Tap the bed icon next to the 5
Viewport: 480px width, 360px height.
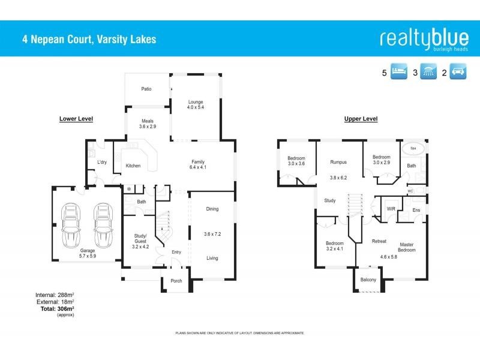point(399,73)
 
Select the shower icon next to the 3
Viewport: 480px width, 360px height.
point(428,73)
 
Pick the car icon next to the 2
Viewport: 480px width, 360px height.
point(457,73)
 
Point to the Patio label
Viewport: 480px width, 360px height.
point(146,89)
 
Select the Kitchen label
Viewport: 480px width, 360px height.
point(133,166)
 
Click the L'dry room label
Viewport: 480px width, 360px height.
point(102,162)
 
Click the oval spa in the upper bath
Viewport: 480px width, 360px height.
point(412,148)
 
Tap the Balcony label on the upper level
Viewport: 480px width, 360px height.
point(368,280)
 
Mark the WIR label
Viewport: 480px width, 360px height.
point(391,209)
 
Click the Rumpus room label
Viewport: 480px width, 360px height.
point(339,162)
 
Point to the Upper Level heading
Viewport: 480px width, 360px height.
point(361,119)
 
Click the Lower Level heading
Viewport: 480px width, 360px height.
point(76,119)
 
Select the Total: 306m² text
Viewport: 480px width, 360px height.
point(58,308)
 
